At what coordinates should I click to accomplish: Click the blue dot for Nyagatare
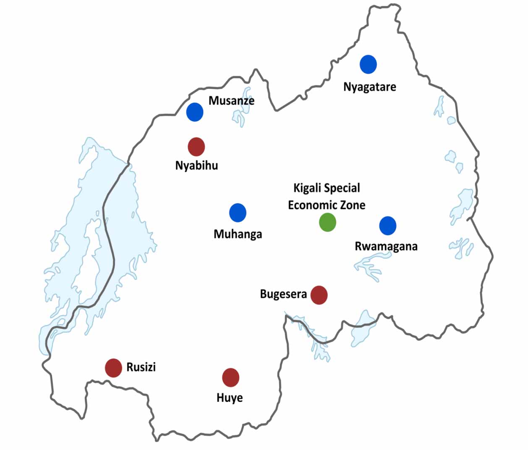(368, 65)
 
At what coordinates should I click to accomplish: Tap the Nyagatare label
(369, 87)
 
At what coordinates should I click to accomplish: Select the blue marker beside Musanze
(195, 112)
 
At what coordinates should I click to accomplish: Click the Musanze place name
(231, 101)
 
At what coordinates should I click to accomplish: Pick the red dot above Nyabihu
(196, 147)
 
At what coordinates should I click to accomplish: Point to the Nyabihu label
(196, 166)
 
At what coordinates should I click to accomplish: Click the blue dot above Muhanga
(238, 213)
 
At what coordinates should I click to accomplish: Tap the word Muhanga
(238, 234)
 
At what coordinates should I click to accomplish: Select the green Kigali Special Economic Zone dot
(327, 222)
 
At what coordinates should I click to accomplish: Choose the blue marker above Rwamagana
(388, 226)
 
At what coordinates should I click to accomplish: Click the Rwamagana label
(386, 246)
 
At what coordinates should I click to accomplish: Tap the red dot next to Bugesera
(319, 295)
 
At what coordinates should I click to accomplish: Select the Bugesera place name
(283, 294)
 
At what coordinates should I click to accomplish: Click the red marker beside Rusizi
(113, 368)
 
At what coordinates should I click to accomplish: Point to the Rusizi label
(141, 367)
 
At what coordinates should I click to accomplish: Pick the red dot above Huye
(230, 378)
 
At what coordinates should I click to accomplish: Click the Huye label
(230, 398)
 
